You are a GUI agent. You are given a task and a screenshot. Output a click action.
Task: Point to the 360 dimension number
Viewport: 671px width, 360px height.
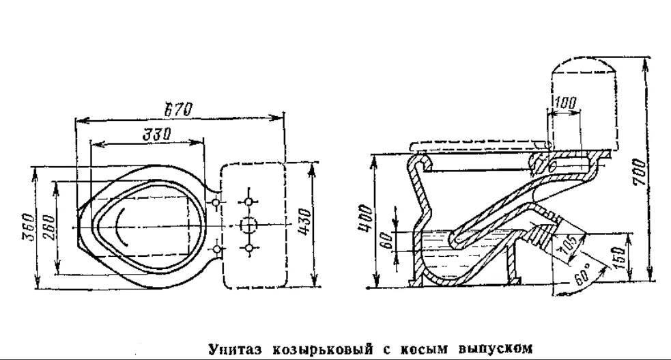pyautogui.click(x=25, y=226)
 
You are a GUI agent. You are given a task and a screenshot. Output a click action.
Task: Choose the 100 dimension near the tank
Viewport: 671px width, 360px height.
pyautogui.click(x=565, y=105)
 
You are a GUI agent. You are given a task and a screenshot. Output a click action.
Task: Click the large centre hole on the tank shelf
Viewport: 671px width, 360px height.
pyautogui.click(x=248, y=225)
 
